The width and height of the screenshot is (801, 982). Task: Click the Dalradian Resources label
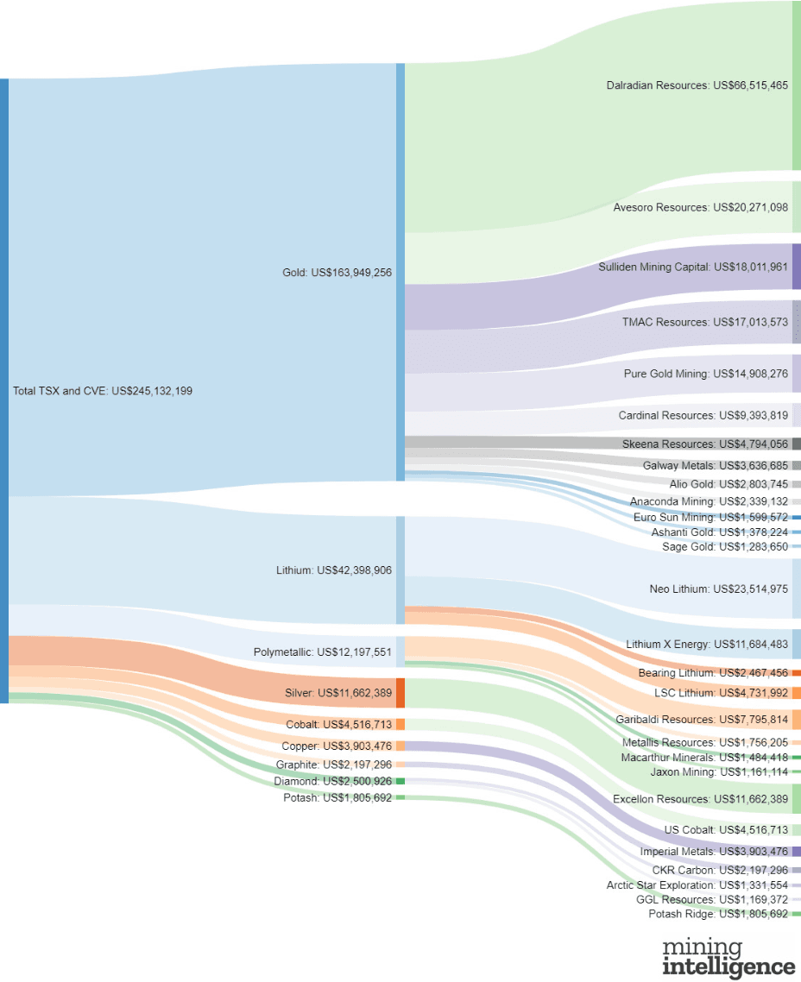[697, 85]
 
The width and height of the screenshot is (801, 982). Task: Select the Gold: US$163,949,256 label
[337, 273]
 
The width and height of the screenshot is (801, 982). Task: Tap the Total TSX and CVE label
[103, 391]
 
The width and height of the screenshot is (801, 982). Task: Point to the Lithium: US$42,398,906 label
[334, 570]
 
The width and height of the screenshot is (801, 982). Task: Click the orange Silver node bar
[400, 693]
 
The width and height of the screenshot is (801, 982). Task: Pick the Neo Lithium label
[718, 589]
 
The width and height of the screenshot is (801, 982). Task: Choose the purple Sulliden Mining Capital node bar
[796, 267]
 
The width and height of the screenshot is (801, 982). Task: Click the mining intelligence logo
[728, 957]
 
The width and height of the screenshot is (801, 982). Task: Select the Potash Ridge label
[718, 914]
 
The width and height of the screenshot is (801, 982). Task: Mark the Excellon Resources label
[700, 799]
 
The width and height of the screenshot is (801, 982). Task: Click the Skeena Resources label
[704, 444]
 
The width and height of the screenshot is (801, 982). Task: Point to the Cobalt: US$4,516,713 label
[339, 724]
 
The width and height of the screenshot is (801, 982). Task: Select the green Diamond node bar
[400, 781]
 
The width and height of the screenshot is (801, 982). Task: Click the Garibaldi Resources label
[702, 720]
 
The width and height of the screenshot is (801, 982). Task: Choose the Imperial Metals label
[714, 852]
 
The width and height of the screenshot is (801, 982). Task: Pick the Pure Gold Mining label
[705, 375]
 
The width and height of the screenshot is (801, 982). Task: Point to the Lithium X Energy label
[706, 645]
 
